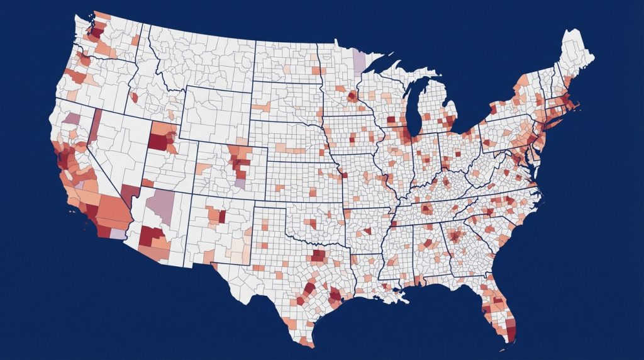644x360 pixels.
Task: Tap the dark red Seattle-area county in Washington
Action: pyautogui.click(x=98, y=29)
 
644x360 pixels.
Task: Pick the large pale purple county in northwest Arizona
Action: pyautogui.click(x=162, y=202)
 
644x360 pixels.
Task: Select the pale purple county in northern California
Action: pyautogui.click(x=73, y=118)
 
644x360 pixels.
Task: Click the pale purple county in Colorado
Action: pyautogui.click(x=240, y=183)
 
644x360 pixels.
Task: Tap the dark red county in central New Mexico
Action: pyautogui.click(x=222, y=216)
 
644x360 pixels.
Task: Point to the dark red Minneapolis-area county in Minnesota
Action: pyautogui.click(x=353, y=97)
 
